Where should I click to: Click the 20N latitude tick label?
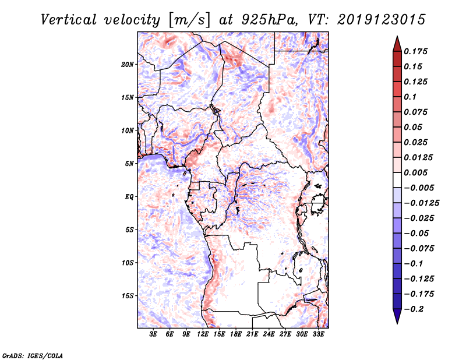128,64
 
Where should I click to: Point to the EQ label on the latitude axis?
129,197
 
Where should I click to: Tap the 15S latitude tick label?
128,296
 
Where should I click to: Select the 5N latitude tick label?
130,164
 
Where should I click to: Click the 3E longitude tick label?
154,335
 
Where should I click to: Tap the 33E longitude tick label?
318,335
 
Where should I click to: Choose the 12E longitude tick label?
203,335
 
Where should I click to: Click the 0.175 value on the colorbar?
417,51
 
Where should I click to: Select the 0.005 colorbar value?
417,173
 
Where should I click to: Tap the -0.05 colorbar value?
416,233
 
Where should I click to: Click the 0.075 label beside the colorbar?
417,112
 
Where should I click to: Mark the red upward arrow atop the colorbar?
396,43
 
